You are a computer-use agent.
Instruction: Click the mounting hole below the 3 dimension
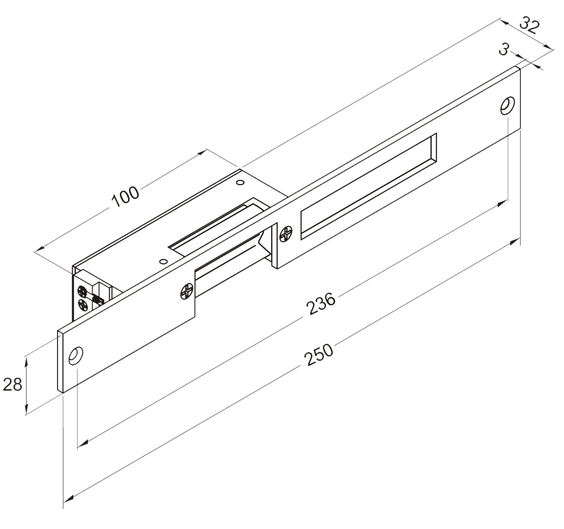[508, 105]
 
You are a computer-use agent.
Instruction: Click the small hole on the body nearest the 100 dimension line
[239, 183]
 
